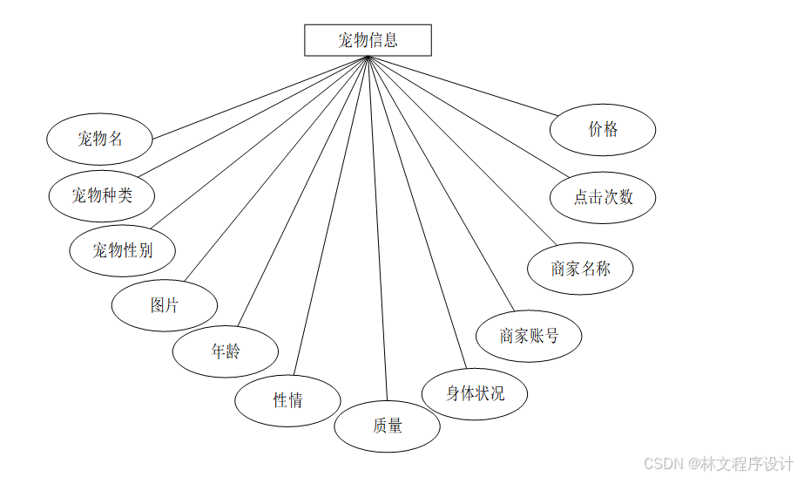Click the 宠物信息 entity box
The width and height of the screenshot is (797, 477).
pos(368,40)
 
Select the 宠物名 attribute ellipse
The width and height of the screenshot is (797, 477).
pos(100,138)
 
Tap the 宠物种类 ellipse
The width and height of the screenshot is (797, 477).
pos(102,194)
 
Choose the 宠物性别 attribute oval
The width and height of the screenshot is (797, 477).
pos(123,250)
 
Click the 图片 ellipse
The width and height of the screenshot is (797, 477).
pos(165,305)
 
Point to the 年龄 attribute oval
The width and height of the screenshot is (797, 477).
pos(226,351)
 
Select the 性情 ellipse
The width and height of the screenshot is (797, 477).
pos(287,400)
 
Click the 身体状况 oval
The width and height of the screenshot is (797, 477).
pos(475,393)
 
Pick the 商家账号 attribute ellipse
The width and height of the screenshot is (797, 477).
pos(529,336)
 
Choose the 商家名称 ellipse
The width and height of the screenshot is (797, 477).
pos(580,269)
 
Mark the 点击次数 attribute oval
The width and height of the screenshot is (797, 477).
pos(603,197)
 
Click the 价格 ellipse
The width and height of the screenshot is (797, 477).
pos(603,130)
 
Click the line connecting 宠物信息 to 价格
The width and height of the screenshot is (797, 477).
pos(463,85)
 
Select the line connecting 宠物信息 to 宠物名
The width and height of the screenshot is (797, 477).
pos(261,97)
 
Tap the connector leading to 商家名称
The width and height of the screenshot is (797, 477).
pos(462,150)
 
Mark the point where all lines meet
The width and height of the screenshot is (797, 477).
pos(368,58)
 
